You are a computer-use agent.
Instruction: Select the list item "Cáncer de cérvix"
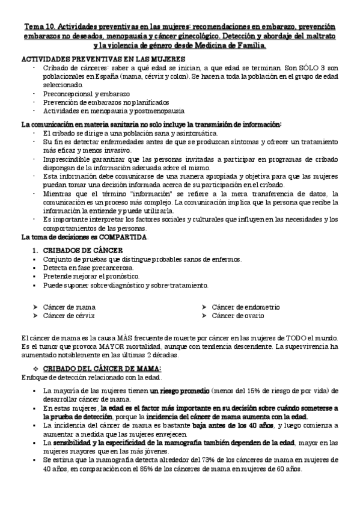tap(69, 315)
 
